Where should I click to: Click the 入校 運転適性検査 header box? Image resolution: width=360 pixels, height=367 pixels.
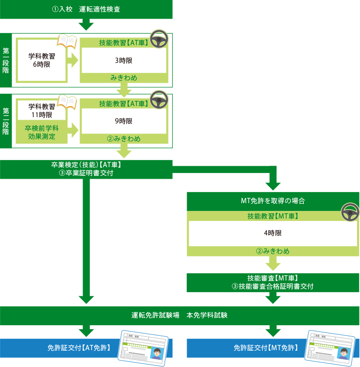coord(86,10)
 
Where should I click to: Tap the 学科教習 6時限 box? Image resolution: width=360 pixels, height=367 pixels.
coord(41,60)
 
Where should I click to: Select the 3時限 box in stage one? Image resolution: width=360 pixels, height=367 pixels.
coord(123,61)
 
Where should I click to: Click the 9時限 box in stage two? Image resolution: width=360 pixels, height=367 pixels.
coord(123,121)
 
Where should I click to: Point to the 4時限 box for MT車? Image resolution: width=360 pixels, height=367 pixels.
coord(272,232)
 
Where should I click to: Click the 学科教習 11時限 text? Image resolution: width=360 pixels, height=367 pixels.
coord(41,111)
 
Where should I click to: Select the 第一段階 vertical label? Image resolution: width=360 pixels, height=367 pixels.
coord(6,60)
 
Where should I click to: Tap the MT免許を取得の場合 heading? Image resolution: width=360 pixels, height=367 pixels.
coord(272,201)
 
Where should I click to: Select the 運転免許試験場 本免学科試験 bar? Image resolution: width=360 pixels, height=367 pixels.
coord(180,316)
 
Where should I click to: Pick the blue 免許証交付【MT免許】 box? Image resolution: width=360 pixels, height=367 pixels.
coord(267,348)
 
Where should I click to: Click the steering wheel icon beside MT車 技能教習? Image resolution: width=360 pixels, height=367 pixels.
coord(350,212)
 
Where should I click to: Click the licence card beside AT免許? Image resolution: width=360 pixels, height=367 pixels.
coord(144,347)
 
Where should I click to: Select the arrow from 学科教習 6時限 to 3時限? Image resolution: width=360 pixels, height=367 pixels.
coord(72,61)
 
